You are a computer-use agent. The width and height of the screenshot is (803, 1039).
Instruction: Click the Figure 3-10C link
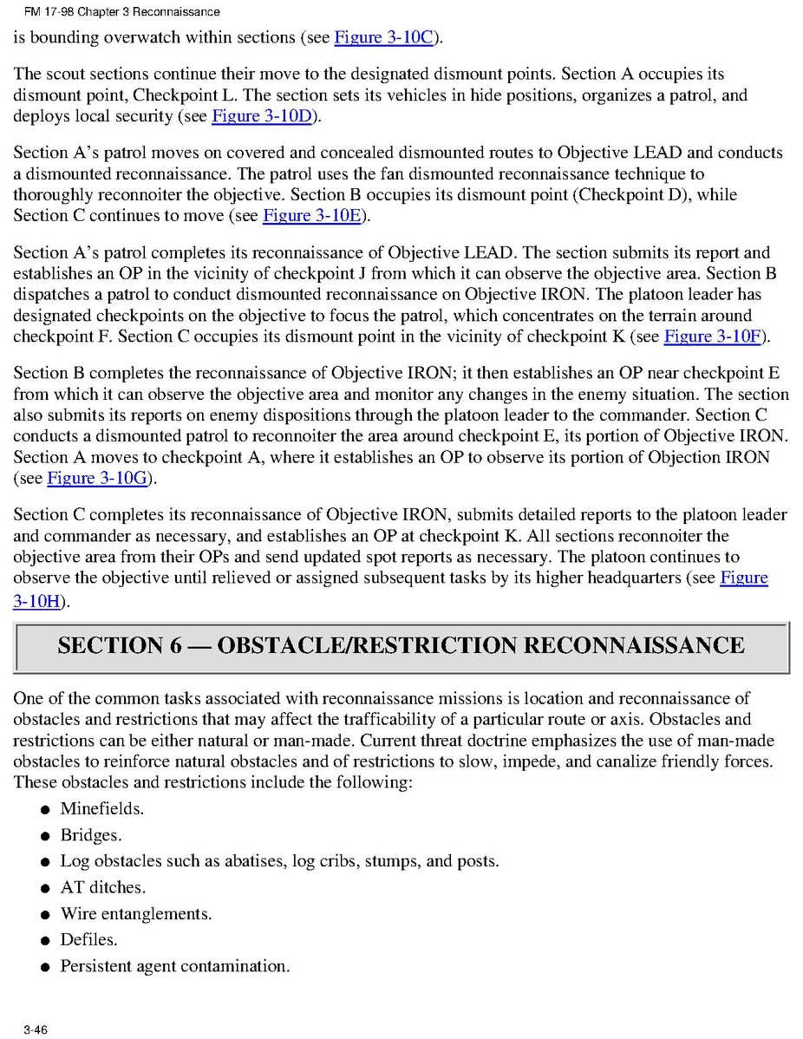383,37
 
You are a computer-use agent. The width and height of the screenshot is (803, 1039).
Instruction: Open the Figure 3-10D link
261,116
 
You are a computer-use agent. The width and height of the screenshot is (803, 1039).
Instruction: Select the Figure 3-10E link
312,215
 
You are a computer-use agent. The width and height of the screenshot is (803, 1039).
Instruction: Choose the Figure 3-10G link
96,478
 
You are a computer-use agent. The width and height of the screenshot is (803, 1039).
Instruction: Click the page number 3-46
36,1029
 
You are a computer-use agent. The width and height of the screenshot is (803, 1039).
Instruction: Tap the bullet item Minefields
101,809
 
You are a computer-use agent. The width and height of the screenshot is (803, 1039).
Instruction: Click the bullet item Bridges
90,835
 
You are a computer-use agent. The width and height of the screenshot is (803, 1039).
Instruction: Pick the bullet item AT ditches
102,887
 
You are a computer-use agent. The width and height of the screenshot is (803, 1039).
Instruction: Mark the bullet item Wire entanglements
135,913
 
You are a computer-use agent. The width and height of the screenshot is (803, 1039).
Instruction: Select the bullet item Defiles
88,939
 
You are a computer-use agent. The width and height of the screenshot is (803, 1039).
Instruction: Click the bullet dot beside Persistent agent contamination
44,967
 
